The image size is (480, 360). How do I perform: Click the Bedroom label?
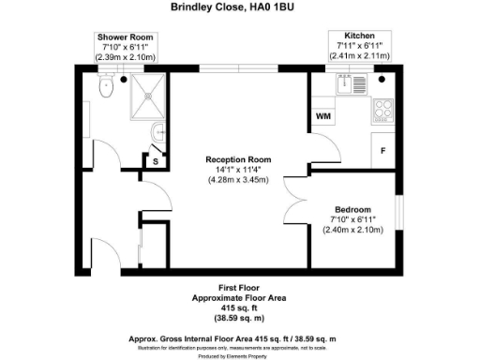coord(352,209)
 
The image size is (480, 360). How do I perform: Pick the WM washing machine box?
coord(322,116)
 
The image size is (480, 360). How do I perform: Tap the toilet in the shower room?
coord(104,87)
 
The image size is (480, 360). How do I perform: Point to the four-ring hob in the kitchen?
coord(382,111)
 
